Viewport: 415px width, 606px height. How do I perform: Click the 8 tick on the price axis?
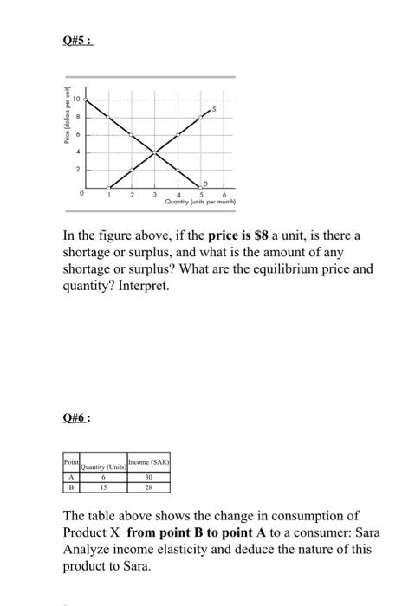point(76,116)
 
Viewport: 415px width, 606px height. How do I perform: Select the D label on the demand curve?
point(205,182)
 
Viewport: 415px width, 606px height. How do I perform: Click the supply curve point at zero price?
point(108,188)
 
